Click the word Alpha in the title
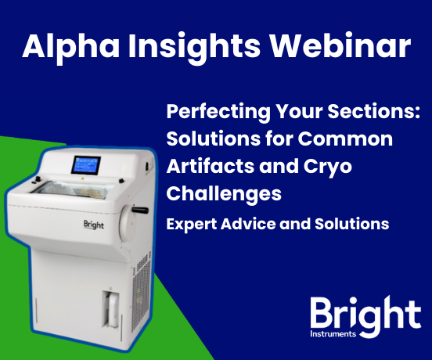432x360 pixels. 70,45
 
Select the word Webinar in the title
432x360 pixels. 340,45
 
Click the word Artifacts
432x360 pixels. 211,166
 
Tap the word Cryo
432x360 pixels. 327,167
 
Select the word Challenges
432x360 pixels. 224,194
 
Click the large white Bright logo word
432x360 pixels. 366,316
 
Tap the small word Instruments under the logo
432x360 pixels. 333,334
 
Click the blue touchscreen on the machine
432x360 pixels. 86,165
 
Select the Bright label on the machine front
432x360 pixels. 94,225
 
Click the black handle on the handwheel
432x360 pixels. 140,211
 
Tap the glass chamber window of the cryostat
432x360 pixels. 74,189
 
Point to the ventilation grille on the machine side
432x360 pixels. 141,293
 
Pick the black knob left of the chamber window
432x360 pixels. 37,179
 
